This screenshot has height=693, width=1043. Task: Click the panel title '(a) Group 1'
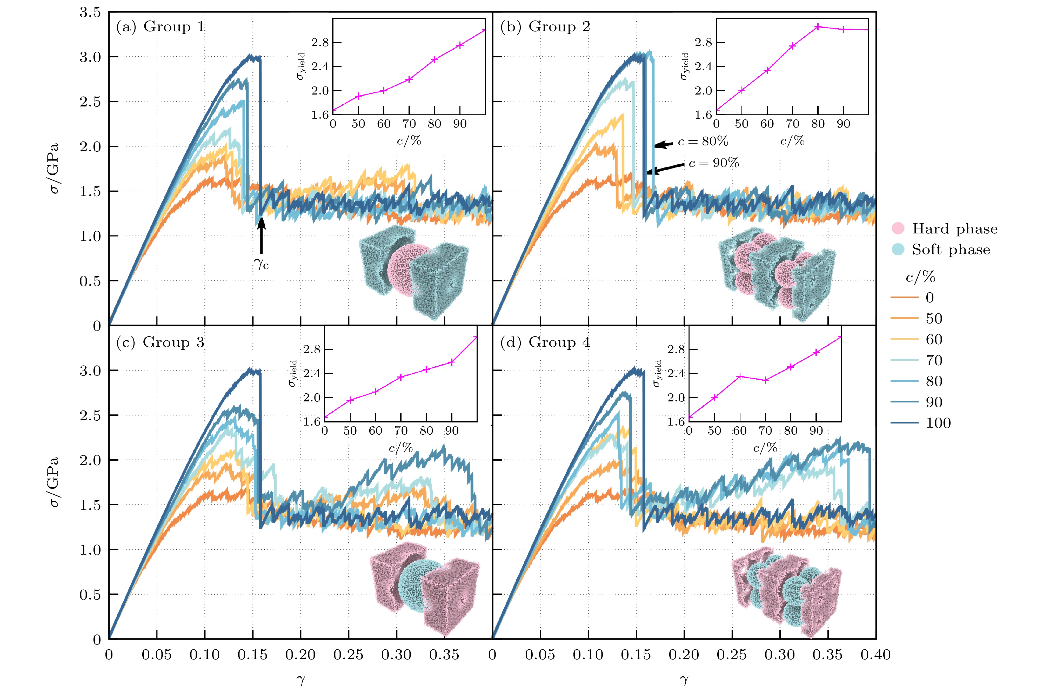pyautogui.click(x=161, y=27)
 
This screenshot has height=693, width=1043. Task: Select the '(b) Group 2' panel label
pyautogui.click(x=545, y=27)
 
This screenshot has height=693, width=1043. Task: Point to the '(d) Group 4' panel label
pyautogui.click(x=545, y=342)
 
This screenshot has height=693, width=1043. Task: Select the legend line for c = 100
pyautogui.click(x=904, y=423)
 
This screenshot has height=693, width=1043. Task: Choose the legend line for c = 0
pyautogui.click(x=904, y=298)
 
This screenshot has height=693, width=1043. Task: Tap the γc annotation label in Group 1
pyautogui.click(x=261, y=264)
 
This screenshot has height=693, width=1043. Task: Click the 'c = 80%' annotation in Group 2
pyautogui.click(x=703, y=142)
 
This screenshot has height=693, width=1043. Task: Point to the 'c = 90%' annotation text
pyautogui.click(x=714, y=163)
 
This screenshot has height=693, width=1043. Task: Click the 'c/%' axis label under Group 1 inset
pyautogui.click(x=409, y=141)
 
